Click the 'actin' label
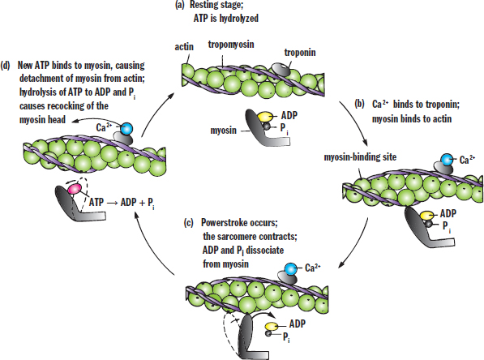tap(184, 47)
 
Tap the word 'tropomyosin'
tap(231, 45)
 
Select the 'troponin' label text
tap(300, 53)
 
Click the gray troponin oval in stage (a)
tap(281, 69)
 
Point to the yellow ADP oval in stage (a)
tap(265, 117)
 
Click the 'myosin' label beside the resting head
tap(223, 131)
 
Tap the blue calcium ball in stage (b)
tap(447, 160)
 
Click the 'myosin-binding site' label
tap(360, 157)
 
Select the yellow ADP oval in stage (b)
tap(427, 215)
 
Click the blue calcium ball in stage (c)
tap(290, 269)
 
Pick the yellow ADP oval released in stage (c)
tap(272, 326)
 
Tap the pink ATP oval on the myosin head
tap(75, 189)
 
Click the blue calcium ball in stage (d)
tap(126, 128)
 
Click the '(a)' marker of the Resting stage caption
tap(180, 5)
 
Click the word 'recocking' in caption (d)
tap(64, 106)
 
